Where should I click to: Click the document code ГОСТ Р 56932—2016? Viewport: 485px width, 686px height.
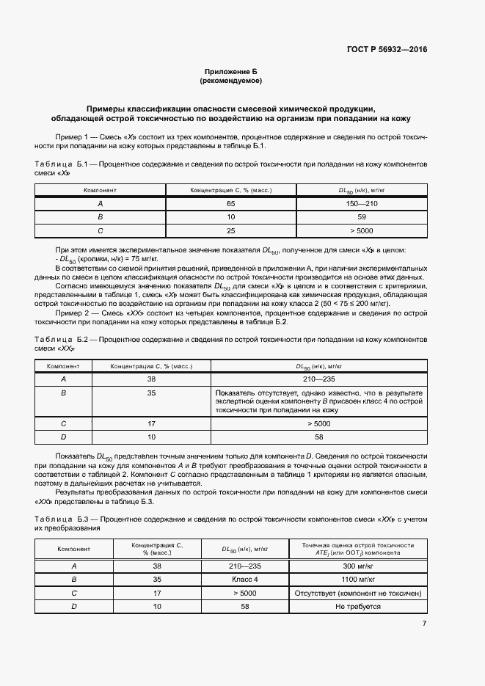click(387, 50)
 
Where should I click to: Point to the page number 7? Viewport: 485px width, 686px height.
click(424, 624)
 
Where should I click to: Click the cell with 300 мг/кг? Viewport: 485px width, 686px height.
click(357, 566)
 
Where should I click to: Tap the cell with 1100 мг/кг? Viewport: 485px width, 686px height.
click(357, 579)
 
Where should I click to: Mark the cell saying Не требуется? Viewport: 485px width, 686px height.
click(357, 607)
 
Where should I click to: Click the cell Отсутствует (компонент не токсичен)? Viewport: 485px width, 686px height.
click(357, 593)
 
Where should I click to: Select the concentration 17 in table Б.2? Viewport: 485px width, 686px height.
click(152, 423)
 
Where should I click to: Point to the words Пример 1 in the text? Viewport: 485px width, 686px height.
click(72, 137)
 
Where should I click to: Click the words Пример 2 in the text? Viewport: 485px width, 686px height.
click(72, 313)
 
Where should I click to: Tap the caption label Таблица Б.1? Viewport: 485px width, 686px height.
click(62, 164)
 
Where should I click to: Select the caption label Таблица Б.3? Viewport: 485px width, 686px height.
click(62, 519)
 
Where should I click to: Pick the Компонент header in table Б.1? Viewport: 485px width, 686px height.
click(100, 190)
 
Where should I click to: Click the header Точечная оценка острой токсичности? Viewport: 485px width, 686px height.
click(357, 544)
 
